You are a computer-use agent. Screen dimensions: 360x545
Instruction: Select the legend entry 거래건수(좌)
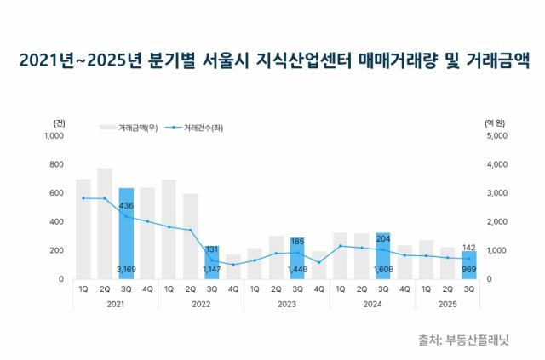point(202,128)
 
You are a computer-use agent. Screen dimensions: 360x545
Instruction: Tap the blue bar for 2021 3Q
point(126,233)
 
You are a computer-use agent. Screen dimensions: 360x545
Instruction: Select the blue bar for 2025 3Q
point(469,265)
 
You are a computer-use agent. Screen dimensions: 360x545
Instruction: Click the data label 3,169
point(126,270)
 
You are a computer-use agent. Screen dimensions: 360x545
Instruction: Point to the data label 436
point(126,205)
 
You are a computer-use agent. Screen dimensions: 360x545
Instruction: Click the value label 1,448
point(297,270)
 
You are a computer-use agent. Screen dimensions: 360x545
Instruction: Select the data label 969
point(469,270)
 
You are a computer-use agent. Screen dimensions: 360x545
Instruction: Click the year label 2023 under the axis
point(287,303)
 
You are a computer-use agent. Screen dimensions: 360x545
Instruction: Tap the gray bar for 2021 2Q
point(105,223)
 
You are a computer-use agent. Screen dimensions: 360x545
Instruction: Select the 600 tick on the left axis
point(56,193)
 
